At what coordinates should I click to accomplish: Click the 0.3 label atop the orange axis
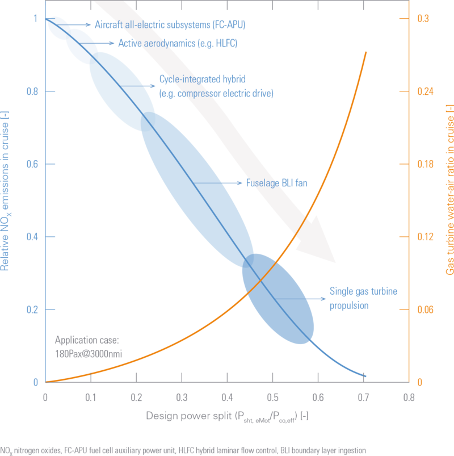coord(423,19)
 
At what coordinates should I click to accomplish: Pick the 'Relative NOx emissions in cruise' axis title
coord(9,193)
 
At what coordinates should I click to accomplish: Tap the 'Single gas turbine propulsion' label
coord(364,299)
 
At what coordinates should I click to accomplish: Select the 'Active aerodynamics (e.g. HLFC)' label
coord(178,43)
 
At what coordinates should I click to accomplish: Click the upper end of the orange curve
coord(365,52)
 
